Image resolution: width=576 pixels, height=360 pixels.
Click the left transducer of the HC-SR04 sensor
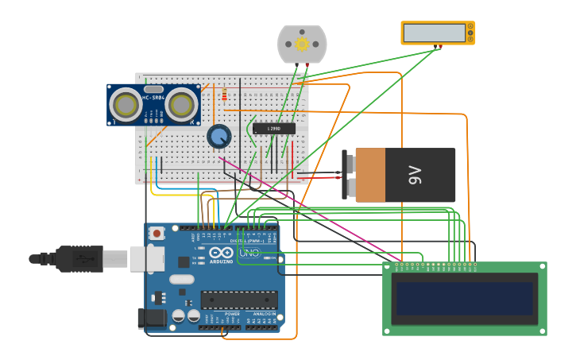pos(126,104)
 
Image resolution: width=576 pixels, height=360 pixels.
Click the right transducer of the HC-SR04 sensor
pos(182,104)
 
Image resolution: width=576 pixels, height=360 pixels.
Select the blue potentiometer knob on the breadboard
pos(218,136)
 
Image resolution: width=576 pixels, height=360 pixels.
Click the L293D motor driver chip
pos(274,128)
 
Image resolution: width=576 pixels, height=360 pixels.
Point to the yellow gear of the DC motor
pos(302,45)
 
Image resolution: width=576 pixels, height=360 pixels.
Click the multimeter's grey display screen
pos(434,33)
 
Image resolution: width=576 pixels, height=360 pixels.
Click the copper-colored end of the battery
pos(369,175)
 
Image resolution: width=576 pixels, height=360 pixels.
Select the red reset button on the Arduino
pos(157,234)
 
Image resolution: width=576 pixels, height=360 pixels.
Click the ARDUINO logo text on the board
pos(222,261)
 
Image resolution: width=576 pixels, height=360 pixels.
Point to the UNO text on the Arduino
pos(249,253)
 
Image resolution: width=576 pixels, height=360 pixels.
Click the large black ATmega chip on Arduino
pos(238,300)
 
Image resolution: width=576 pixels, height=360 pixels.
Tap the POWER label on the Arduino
pos(232,314)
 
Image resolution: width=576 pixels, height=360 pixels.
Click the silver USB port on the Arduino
pos(148,257)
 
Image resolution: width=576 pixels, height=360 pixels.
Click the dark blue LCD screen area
pos(465,298)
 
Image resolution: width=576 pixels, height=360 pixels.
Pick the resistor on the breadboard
pos(224,96)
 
